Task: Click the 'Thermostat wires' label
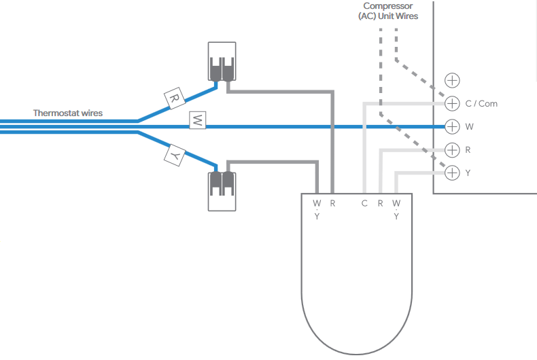[x=68, y=113]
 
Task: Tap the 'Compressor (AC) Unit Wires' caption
[x=388, y=11]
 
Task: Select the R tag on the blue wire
[x=175, y=98]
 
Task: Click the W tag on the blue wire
[x=197, y=121]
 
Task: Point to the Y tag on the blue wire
[x=175, y=156]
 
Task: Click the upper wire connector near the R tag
[x=222, y=62]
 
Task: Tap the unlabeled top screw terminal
[x=452, y=80]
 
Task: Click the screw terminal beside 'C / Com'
[x=452, y=103]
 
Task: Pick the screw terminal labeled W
[x=452, y=126]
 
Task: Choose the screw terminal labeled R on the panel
[x=452, y=149]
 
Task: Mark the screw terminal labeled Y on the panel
[x=452, y=173]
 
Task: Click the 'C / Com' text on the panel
[x=481, y=104]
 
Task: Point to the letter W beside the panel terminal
[x=470, y=127]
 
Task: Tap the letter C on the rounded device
[x=364, y=203]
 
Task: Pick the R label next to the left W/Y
[x=333, y=203]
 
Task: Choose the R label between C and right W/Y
[x=381, y=203]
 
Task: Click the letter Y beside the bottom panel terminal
[x=468, y=173]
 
